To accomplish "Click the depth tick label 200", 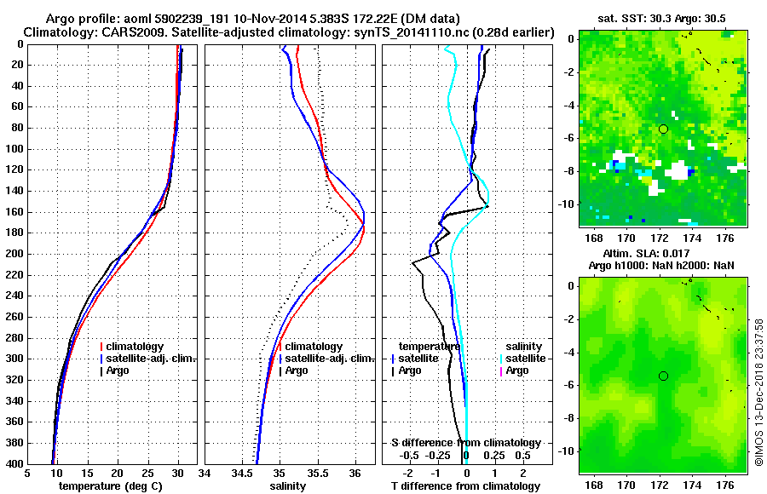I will coord(14,254).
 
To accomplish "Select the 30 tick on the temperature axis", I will coord(177,474).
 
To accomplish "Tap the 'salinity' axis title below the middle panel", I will coord(287,486).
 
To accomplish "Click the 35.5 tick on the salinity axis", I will coord(317,474).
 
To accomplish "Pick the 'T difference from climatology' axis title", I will coord(465,486).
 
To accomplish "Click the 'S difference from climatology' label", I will coord(465,443).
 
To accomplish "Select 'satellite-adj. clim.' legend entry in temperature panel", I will coord(150,359).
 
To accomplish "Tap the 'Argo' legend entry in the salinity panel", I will coord(297,370).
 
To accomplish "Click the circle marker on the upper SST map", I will coord(663,129).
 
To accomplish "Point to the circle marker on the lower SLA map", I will coord(663,376).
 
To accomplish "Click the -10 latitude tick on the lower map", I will coord(568,450).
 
